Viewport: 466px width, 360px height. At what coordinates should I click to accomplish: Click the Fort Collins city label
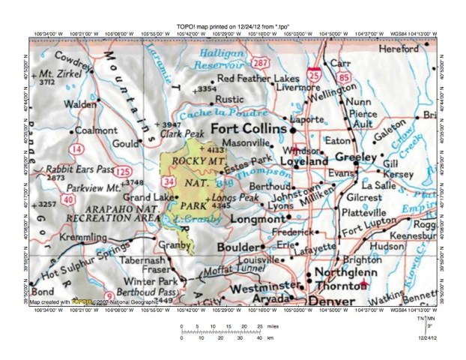248,129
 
